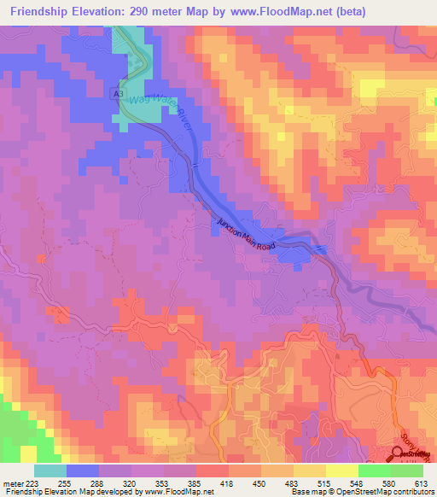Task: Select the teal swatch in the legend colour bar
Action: point(50,471)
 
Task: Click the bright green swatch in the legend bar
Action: point(375,471)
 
